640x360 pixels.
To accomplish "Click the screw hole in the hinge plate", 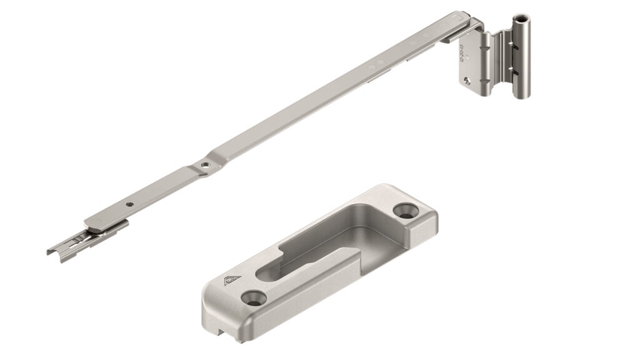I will click(467, 79).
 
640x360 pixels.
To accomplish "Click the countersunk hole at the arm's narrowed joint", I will click(204, 164).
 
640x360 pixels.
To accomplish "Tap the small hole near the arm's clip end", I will click(129, 204).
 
